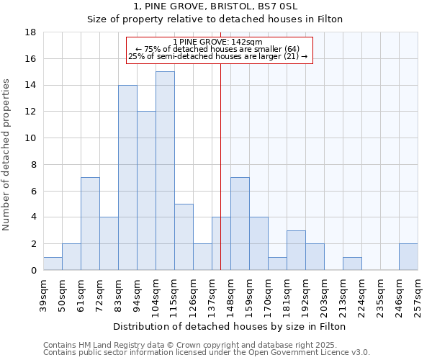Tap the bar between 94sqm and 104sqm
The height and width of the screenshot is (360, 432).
click(146, 191)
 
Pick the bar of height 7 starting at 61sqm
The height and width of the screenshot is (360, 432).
click(90, 224)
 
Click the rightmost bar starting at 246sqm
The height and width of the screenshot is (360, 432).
click(408, 257)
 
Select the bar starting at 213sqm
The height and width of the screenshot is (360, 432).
click(352, 264)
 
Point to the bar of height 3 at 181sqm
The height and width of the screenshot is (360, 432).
click(296, 251)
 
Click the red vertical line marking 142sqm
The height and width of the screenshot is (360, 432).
click(220, 180)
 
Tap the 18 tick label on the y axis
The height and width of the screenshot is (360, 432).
click(30, 32)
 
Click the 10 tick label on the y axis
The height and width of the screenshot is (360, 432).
click(30, 138)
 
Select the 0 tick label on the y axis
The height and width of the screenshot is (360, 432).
click(33, 271)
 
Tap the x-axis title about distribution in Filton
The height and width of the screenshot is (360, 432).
click(230, 326)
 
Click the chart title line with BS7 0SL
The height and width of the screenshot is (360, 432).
click(215, 6)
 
